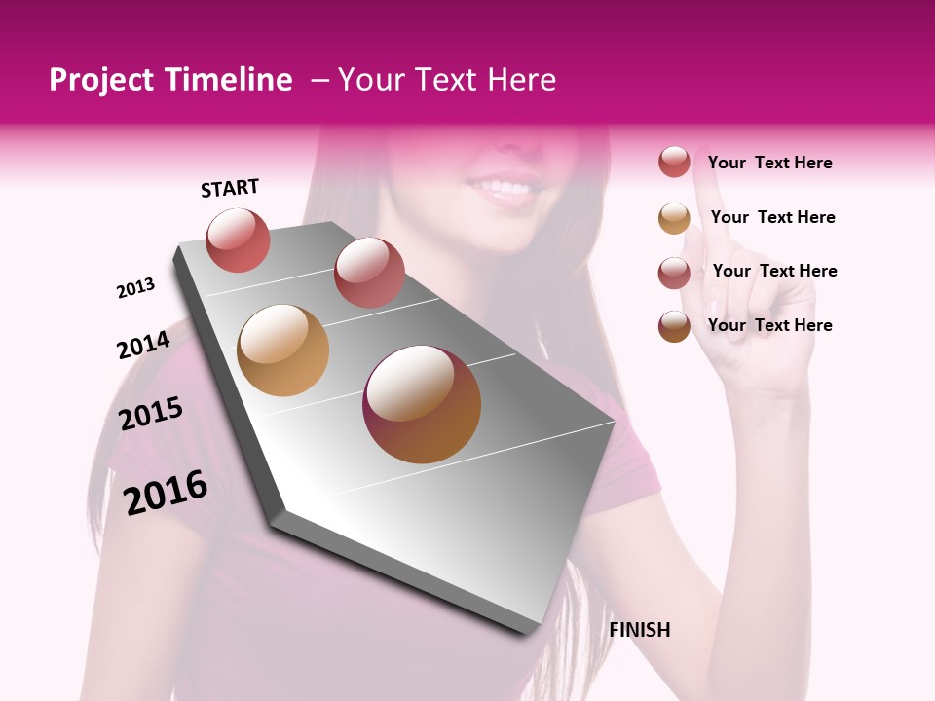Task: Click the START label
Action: coord(230,188)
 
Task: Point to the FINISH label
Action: coord(640,630)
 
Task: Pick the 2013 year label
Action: coord(136,288)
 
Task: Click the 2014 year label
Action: coord(143,345)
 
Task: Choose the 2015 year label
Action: coord(151,414)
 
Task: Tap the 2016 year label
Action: coord(166,493)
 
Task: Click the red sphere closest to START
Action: coord(239,240)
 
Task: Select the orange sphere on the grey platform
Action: coord(282,350)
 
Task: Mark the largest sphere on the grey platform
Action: coord(422,404)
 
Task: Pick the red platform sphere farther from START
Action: coord(369,272)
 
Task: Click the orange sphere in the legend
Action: coord(674,218)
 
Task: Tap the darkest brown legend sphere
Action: coord(674,326)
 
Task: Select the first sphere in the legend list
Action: coord(674,163)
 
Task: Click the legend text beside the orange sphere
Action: coord(772,217)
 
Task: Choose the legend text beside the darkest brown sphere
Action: coord(769,325)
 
